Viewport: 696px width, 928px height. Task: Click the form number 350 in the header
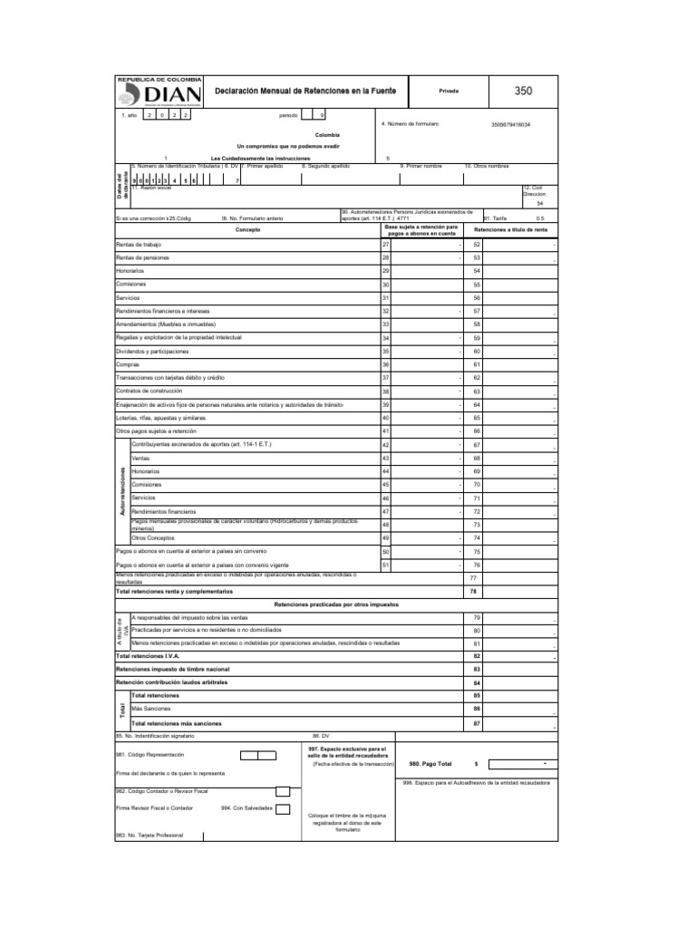(x=523, y=92)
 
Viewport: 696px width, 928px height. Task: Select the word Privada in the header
(x=449, y=92)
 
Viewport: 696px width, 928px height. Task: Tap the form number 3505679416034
(x=511, y=124)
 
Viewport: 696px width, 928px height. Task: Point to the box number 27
(x=386, y=245)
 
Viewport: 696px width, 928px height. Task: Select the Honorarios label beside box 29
(x=130, y=271)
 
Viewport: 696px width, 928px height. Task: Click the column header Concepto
(x=246, y=230)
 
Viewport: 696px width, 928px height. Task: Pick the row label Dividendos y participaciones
(x=153, y=351)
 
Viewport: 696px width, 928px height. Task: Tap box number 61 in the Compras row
(x=477, y=364)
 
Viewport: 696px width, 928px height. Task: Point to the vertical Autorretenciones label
(x=122, y=498)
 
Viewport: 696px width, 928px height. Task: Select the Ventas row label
(x=140, y=458)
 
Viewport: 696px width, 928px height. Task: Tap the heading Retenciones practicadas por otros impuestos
(x=336, y=604)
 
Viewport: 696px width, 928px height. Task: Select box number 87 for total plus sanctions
(x=477, y=723)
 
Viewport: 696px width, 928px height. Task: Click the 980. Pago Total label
(x=430, y=764)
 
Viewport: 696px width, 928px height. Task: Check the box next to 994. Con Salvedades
(x=283, y=808)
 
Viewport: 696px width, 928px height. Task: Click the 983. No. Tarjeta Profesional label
(x=150, y=835)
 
